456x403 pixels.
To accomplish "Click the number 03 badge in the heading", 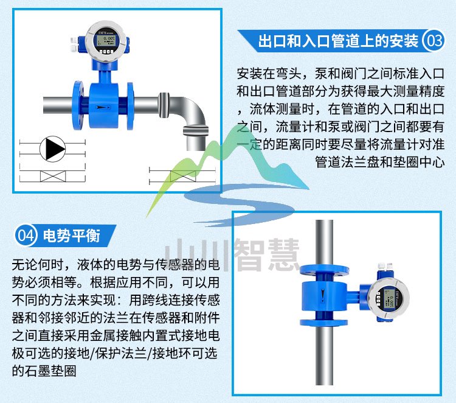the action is click(x=434, y=40).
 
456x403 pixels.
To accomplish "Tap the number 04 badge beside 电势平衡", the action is click(x=26, y=235).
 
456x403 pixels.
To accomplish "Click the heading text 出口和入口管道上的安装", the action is click(x=339, y=41).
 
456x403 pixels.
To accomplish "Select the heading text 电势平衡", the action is click(x=72, y=236).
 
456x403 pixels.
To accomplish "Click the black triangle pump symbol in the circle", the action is click(x=53, y=149).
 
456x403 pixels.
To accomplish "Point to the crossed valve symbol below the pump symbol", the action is click(x=53, y=176).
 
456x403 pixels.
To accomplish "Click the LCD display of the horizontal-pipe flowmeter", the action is click(x=106, y=40).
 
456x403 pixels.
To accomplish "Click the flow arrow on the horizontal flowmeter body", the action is click(x=103, y=108).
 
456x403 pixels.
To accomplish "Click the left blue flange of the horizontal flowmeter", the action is click(x=78, y=105).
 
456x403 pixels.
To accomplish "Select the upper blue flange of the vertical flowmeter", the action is click(x=324, y=270).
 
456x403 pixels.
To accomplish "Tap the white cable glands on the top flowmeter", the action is click(x=74, y=44).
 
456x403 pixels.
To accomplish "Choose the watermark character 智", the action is click(x=249, y=254).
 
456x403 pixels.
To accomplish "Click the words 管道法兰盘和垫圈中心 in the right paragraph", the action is click(x=380, y=162).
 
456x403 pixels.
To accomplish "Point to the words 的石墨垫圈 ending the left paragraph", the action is click(x=44, y=371).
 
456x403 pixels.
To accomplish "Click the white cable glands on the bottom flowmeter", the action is click(x=385, y=266).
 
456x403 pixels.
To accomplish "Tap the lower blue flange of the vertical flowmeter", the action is click(x=324, y=322).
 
